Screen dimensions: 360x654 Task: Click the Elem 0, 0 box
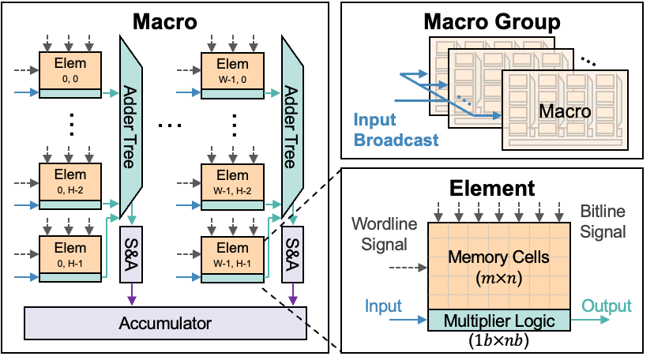(x=70, y=70)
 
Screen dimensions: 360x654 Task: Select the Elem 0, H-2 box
(x=70, y=182)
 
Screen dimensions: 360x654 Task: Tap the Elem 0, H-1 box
(x=70, y=253)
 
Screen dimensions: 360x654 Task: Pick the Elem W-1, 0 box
(x=232, y=70)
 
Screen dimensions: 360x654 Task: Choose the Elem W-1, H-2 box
(x=232, y=182)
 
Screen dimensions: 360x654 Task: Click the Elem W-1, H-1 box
(x=232, y=253)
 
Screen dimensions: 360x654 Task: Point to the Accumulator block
(x=165, y=323)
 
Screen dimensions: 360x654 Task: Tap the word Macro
(x=565, y=111)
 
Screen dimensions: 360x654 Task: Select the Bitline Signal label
(x=603, y=222)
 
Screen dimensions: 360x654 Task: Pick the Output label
(x=607, y=306)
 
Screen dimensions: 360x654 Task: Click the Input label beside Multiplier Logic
(x=384, y=306)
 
